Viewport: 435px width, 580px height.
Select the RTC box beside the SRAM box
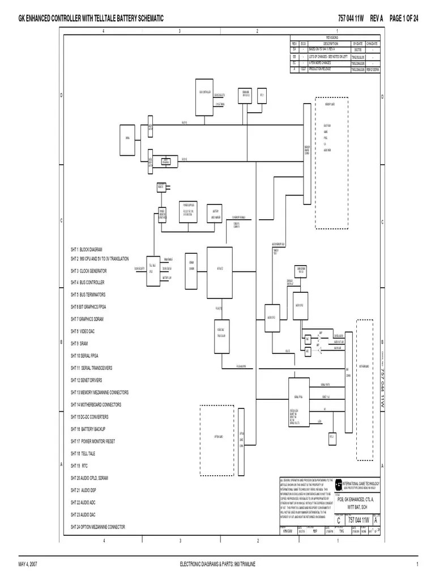tap(262, 95)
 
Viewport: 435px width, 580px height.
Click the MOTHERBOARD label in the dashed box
tap(364, 366)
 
